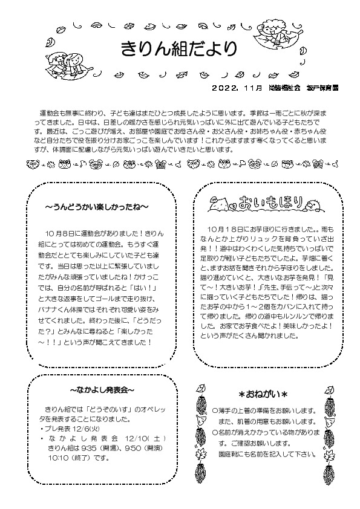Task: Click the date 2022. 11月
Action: (x=237, y=88)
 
